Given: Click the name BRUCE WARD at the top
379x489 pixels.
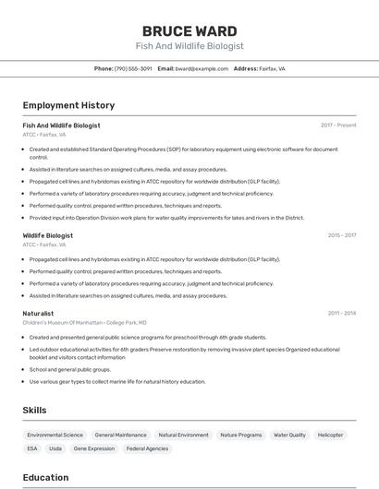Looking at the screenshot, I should [189, 30].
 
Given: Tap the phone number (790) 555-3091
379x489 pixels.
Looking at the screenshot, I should [133, 68].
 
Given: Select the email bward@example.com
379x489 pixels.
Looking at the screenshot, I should [202, 68].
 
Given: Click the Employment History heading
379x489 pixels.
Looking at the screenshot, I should [68, 105].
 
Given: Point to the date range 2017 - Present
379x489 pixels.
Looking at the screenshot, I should [338, 125].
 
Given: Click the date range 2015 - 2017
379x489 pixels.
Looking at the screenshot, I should [341, 235].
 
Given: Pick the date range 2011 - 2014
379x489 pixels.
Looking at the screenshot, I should [341, 313].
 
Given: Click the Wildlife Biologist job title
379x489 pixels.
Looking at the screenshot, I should [48, 235].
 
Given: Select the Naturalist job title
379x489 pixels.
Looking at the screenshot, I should [38, 313].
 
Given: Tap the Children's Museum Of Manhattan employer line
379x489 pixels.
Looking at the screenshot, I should [84, 323].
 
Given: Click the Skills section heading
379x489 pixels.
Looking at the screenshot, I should [35, 409].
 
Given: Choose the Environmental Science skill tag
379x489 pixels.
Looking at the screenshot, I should [55, 435].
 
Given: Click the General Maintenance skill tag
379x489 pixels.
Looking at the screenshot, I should [120, 435].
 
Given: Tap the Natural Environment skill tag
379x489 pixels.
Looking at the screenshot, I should [183, 435].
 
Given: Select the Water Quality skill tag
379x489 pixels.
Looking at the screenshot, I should [289, 435].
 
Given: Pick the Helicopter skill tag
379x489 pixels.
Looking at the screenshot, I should [330, 435].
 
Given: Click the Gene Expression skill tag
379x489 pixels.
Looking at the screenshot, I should [94, 448].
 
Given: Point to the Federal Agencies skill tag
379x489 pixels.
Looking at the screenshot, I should [147, 448].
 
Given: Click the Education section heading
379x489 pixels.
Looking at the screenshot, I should [45, 477].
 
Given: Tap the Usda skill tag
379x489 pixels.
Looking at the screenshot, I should [55, 448].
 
